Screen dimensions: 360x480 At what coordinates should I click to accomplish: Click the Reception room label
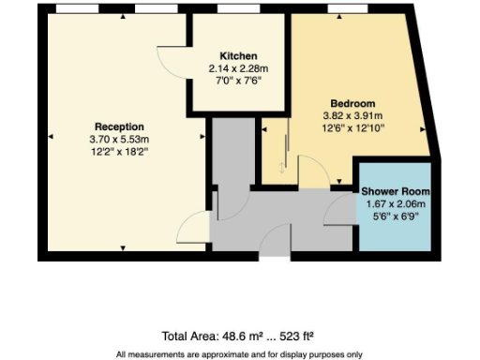pos(118,127)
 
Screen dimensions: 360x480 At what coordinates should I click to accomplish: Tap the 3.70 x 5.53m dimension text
pos(118,139)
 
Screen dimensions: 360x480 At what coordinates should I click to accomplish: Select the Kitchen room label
pos(232,56)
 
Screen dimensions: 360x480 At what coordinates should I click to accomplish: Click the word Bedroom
pos(352,103)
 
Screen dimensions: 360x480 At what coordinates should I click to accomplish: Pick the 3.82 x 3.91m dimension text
pos(352,115)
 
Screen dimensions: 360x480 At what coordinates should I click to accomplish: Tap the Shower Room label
pos(396,191)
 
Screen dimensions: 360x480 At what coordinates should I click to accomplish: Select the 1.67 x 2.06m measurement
pos(396,203)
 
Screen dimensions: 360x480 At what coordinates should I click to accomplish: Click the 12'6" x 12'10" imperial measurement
pos(352,127)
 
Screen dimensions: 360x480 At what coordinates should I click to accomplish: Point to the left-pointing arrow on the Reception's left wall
pos(50,134)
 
